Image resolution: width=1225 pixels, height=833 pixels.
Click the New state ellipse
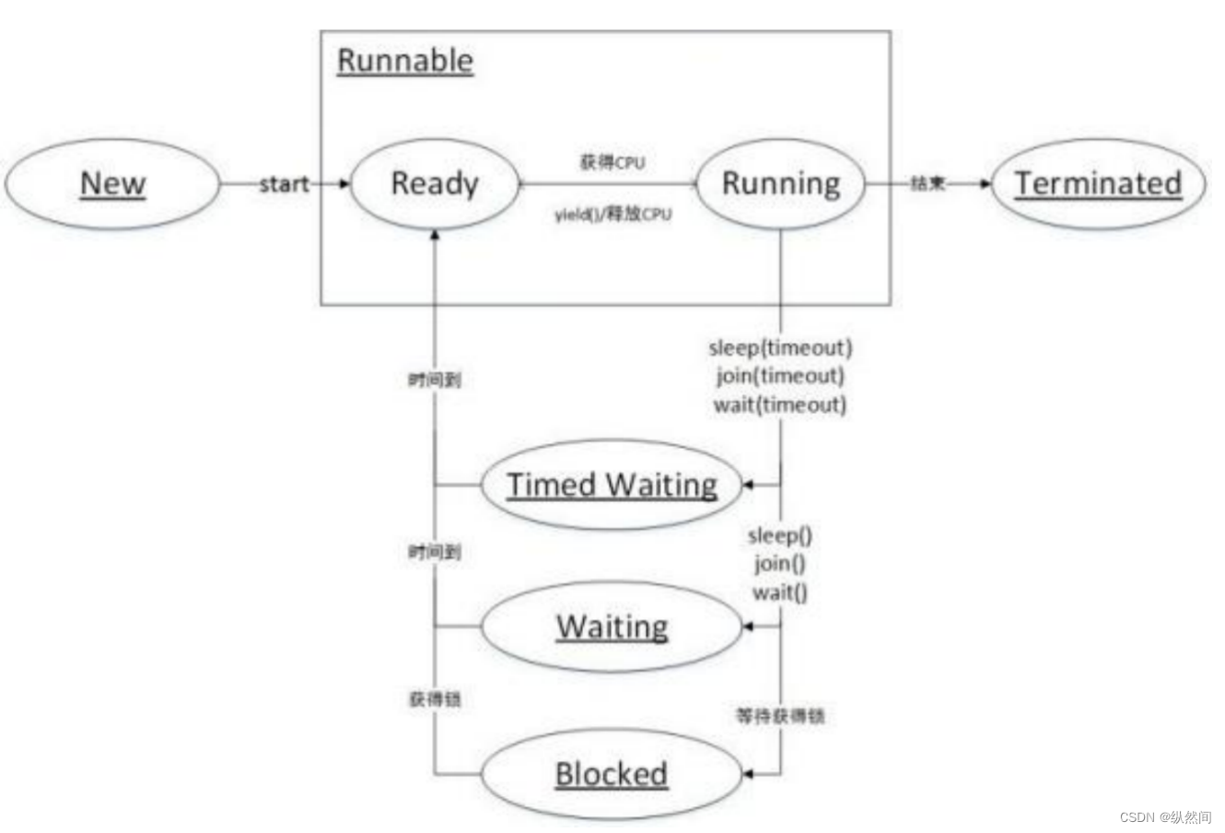point(112,183)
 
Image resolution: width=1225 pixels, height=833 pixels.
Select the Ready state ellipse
point(435,183)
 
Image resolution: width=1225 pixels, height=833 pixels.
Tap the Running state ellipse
point(781,183)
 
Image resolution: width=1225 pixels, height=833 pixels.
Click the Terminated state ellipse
point(1098,183)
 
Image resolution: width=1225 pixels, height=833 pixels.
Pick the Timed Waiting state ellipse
point(612,485)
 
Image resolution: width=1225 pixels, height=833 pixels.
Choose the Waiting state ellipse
point(612,627)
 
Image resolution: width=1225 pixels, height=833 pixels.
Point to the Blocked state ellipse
point(612,774)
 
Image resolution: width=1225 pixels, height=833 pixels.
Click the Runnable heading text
point(405,61)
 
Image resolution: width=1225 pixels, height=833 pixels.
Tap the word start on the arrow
point(284,184)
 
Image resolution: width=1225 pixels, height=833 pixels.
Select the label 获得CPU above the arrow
point(612,163)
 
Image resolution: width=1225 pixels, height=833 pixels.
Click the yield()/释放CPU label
point(612,215)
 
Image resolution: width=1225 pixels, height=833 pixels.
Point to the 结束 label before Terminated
point(927,184)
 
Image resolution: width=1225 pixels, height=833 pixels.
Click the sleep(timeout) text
point(780,347)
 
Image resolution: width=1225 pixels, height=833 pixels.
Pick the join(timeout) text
point(780,376)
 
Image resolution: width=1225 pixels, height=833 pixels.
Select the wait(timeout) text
point(780,405)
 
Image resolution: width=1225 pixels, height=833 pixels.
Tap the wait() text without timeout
point(780,592)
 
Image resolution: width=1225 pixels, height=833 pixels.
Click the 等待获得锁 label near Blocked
point(780,715)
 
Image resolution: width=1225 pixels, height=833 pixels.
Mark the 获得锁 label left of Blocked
point(435,699)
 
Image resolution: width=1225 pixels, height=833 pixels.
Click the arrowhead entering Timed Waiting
point(748,485)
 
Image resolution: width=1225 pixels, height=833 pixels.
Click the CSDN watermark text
point(1165,817)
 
